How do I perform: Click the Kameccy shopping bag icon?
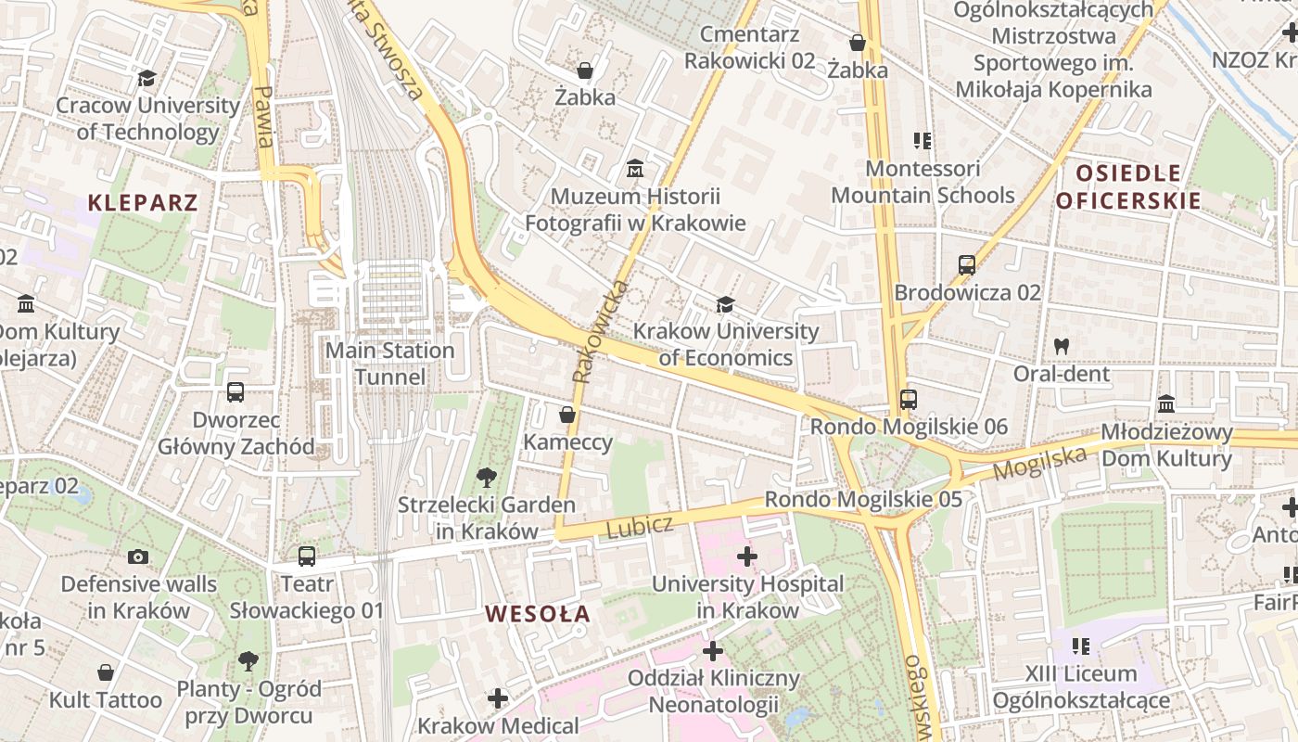(x=567, y=415)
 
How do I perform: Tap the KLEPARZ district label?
(x=143, y=202)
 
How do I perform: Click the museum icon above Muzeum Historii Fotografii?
(x=635, y=170)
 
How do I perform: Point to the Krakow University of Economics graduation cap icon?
(x=724, y=304)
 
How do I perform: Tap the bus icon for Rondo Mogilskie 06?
(x=908, y=400)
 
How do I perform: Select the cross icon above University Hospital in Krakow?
(x=746, y=556)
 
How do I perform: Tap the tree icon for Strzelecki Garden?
(x=485, y=479)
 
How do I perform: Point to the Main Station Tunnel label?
(x=390, y=364)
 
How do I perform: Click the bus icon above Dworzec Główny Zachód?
(x=235, y=392)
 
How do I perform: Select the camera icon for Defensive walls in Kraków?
(x=138, y=556)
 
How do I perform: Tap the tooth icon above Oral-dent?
(x=1062, y=346)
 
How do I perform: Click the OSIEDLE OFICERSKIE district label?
(x=1128, y=186)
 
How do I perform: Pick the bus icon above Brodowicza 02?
(x=967, y=264)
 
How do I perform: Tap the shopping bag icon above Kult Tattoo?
(x=106, y=672)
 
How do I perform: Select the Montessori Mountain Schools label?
(x=923, y=182)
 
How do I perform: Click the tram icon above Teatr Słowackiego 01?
(x=306, y=556)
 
